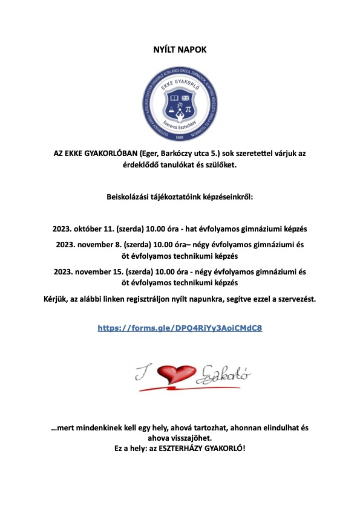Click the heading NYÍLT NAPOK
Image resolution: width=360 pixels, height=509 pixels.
(x=180, y=49)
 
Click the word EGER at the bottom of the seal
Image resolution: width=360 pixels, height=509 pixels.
(x=180, y=137)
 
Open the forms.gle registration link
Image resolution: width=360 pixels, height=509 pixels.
(x=180, y=328)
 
